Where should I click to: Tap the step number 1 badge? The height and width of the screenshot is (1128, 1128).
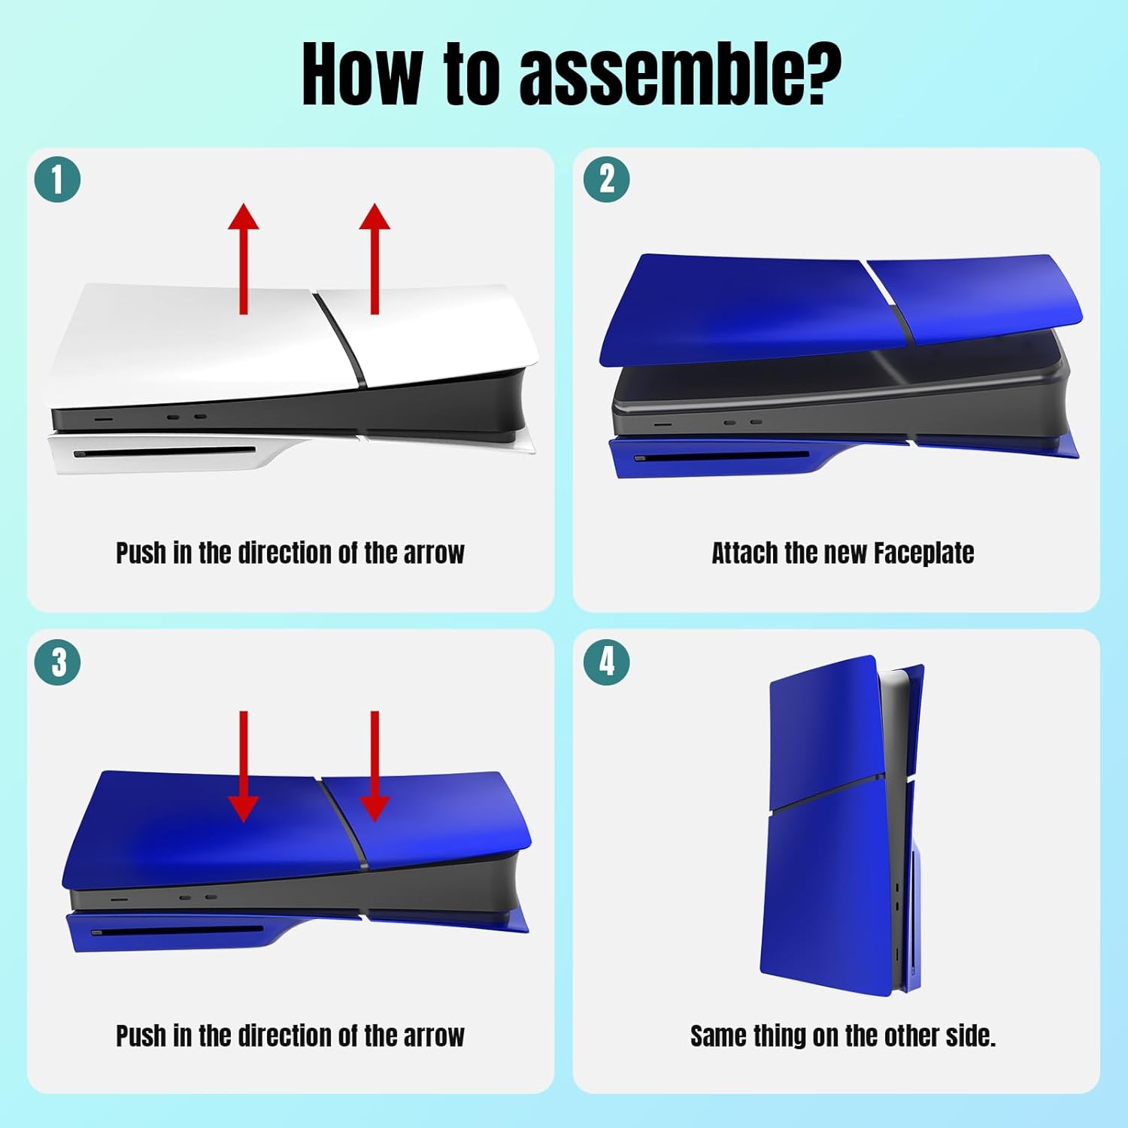tap(57, 180)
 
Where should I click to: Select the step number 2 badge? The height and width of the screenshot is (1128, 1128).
tap(607, 180)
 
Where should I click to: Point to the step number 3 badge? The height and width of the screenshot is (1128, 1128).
tap(57, 663)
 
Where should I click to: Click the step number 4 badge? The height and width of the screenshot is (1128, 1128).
tap(607, 663)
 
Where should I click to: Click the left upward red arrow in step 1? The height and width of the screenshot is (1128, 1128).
tap(244, 258)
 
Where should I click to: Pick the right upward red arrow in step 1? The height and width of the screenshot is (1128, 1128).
tap(374, 258)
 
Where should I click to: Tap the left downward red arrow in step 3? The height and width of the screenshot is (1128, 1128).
tap(244, 766)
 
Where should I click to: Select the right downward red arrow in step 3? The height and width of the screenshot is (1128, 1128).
tap(374, 766)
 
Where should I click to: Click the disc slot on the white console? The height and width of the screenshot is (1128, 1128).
tap(165, 453)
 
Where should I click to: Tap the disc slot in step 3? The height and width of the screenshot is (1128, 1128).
tap(177, 931)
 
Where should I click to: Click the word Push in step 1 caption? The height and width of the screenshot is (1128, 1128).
tap(141, 553)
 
